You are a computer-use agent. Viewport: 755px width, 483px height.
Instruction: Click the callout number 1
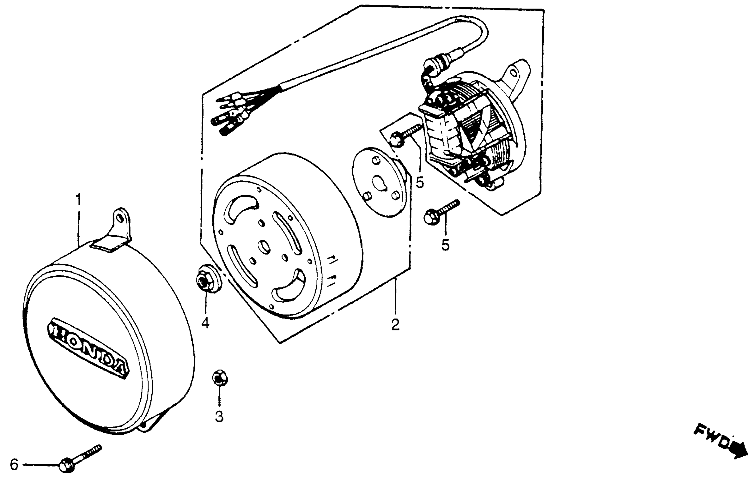click(78, 199)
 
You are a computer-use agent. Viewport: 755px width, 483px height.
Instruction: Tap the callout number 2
click(395, 325)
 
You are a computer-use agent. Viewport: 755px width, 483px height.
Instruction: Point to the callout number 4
click(205, 323)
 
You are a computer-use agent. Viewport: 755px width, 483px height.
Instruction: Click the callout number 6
click(14, 465)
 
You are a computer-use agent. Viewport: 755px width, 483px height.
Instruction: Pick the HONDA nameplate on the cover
click(88, 347)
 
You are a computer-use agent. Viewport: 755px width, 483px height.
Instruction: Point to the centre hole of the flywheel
click(266, 247)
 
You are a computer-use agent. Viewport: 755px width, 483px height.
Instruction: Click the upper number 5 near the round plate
click(420, 182)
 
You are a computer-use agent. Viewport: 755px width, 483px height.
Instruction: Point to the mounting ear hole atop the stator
click(513, 73)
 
